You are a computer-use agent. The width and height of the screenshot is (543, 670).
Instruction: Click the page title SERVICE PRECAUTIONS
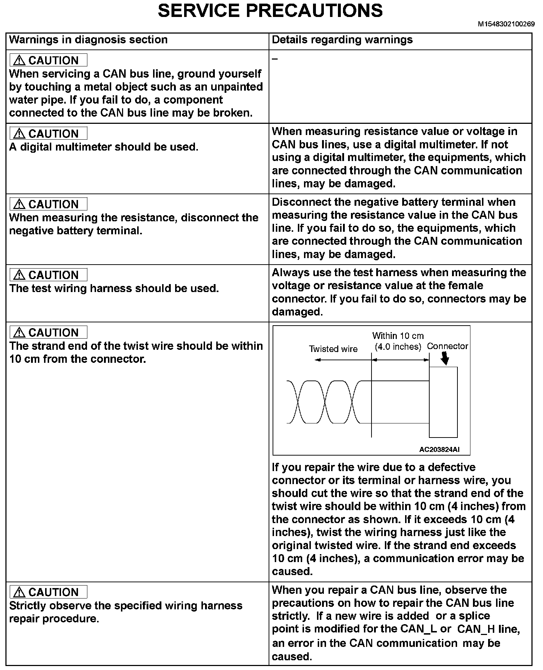click(270, 11)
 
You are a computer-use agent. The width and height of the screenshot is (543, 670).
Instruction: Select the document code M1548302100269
click(506, 24)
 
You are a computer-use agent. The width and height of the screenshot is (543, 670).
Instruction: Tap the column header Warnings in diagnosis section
click(88, 40)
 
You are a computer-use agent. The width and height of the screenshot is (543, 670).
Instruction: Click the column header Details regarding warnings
click(342, 40)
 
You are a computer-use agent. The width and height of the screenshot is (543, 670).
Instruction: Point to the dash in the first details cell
click(275, 59)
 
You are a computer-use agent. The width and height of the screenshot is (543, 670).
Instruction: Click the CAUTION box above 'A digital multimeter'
click(48, 134)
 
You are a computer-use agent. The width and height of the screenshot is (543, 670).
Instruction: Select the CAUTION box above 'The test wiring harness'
click(48, 275)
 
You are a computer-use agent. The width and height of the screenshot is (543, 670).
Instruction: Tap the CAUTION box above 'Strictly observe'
click(48, 592)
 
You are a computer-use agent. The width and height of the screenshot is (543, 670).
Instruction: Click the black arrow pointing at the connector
click(446, 359)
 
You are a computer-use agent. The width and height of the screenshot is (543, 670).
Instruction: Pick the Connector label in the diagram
click(447, 346)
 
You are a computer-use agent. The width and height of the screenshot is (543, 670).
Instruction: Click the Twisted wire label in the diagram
click(333, 349)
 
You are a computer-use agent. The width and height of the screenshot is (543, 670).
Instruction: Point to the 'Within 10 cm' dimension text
click(398, 336)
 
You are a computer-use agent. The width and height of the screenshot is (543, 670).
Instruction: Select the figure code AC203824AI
click(439, 450)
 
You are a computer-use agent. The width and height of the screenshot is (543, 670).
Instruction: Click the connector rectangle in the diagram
click(443, 402)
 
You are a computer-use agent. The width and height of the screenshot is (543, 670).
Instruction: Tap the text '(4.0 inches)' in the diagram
click(398, 347)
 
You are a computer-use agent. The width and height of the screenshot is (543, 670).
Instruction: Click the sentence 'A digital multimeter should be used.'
click(104, 147)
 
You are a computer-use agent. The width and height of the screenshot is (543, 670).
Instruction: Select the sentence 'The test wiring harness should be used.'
click(114, 288)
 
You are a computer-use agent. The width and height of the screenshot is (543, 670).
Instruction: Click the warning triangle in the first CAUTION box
click(19, 61)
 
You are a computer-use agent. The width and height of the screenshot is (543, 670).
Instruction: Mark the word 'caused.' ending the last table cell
click(292, 657)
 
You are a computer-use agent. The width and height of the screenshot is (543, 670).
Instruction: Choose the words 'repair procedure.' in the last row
click(54, 619)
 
